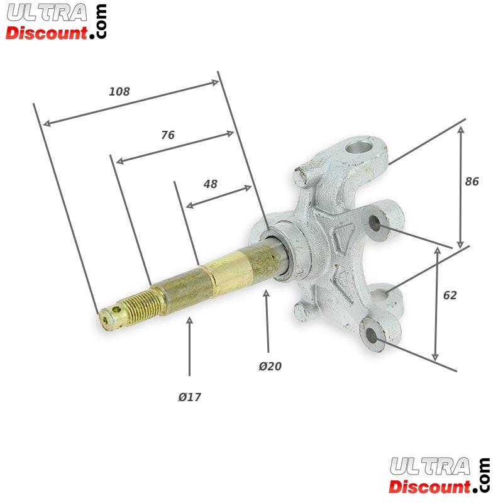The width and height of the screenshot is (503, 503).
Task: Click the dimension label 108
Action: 119,92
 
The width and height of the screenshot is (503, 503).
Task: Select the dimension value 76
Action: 167,135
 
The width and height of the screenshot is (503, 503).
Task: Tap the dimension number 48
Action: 210,184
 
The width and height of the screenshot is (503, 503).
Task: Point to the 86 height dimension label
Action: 472,182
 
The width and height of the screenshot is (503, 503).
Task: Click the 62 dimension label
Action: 450,296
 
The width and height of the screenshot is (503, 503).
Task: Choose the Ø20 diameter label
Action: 270,367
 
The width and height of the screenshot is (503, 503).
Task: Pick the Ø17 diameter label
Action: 189,397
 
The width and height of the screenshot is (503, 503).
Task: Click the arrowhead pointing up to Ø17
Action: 190,321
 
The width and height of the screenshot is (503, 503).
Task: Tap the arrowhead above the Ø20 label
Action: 267,294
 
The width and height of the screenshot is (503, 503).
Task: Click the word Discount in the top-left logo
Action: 47,32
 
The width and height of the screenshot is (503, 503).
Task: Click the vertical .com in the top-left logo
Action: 101,22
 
